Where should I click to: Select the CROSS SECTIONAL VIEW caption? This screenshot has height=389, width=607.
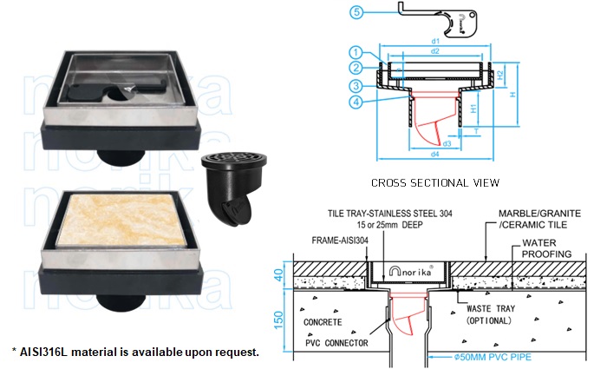[434, 182]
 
